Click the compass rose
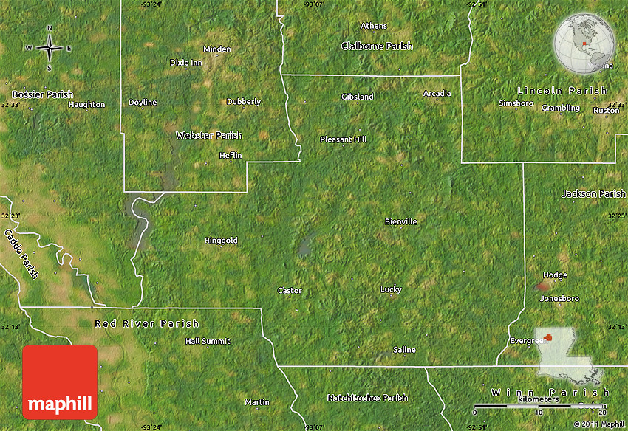50,48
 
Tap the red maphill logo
60,382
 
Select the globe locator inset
584,45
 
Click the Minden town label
217,49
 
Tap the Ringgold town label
221,241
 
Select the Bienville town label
401,221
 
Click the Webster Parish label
209,136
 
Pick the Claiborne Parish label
377,46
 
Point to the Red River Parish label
146,323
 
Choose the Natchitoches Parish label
367,398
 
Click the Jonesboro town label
559,299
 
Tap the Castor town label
290,291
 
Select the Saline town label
404,350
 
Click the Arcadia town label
437,94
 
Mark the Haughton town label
86,105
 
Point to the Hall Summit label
208,341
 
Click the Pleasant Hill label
343,139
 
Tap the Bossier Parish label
43,94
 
